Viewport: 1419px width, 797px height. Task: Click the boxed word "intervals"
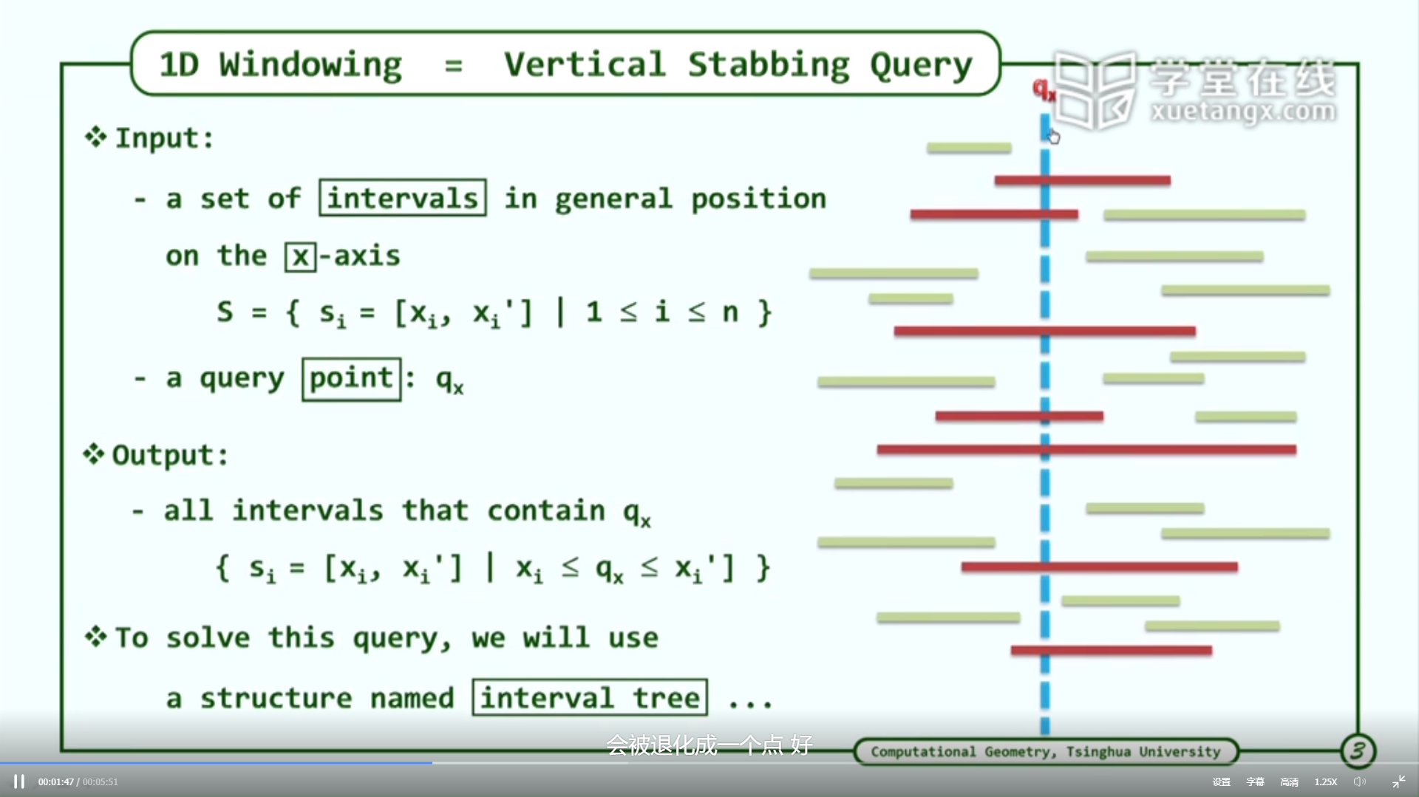pos(403,198)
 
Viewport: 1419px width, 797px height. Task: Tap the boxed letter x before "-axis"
pos(300,256)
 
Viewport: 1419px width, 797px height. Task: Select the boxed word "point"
pos(352,379)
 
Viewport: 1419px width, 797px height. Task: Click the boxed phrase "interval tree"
pos(590,697)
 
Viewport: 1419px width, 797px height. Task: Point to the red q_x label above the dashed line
pos(1044,90)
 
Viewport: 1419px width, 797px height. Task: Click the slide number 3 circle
pos(1358,751)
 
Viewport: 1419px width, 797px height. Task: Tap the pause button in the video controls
pos(19,781)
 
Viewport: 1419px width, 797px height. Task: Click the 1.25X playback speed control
pos(1326,781)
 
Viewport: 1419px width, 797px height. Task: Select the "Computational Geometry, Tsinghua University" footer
pos(1046,751)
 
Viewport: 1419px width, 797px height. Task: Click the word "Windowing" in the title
pos(310,65)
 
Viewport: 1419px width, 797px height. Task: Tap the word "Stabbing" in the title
pos(769,65)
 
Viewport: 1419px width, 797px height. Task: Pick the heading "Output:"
pos(170,455)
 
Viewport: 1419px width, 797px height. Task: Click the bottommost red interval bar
pos(1111,650)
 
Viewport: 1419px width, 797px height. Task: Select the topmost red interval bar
pos(1082,180)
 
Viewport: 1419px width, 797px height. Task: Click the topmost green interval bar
pos(969,148)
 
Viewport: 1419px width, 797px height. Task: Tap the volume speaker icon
pos(1359,781)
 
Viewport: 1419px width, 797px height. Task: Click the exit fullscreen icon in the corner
pos(1398,781)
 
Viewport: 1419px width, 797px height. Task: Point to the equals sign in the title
pos(453,66)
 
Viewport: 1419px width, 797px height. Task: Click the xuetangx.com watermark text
pos(1243,112)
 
